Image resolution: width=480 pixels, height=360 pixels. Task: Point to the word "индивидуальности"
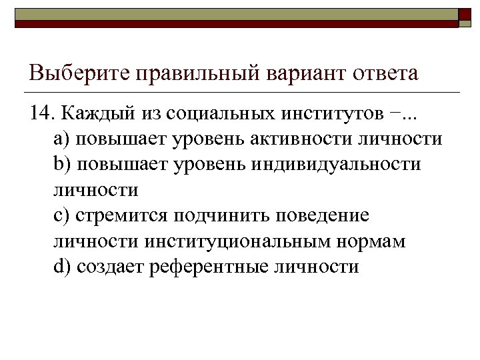click(x=336, y=164)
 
